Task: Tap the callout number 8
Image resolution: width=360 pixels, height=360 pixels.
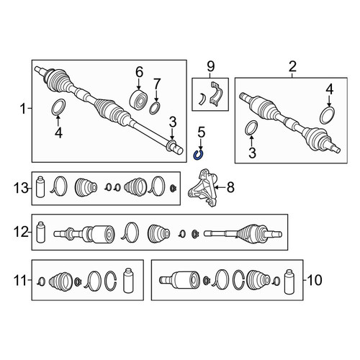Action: click(x=230, y=187)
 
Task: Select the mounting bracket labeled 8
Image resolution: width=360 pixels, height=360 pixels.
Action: click(x=203, y=188)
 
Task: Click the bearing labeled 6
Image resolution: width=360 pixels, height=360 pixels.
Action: click(x=138, y=99)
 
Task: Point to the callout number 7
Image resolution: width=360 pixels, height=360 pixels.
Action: click(x=157, y=84)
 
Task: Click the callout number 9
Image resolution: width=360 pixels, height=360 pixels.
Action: click(x=210, y=66)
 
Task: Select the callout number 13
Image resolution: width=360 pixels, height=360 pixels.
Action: click(x=21, y=188)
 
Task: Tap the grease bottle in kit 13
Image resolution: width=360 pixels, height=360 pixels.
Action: click(x=40, y=187)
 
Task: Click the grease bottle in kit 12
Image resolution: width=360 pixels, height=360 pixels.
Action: click(x=40, y=232)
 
